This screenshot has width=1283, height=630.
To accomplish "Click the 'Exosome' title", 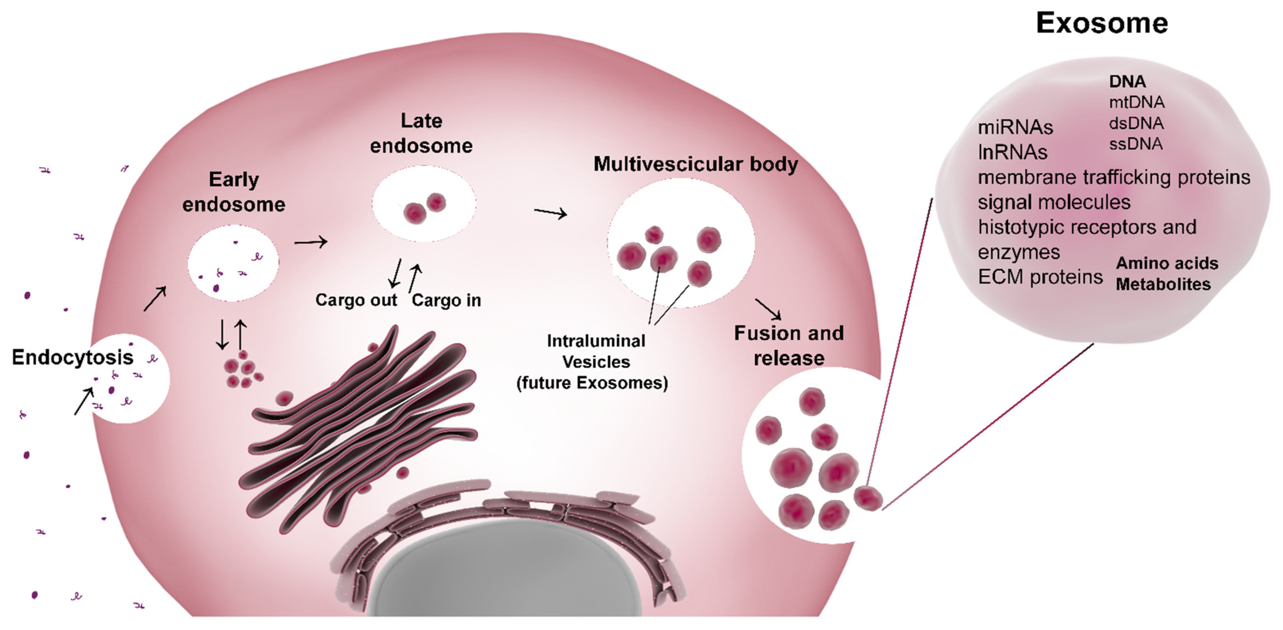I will coord(1102,23).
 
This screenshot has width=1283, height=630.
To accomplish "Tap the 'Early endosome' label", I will coord(234,192).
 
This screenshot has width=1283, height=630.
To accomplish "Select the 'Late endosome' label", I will coord(421,133).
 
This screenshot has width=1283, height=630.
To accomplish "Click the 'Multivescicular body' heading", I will coord(695,164).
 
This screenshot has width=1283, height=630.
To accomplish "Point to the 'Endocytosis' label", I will coord(73,357).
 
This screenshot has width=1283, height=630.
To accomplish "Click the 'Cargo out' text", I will coord(356,300).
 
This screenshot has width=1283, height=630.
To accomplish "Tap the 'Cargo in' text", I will coord(446,300).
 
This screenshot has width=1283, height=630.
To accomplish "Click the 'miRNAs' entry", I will coord(1015,127).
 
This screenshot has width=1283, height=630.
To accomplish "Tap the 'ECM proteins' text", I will coord(1040,277).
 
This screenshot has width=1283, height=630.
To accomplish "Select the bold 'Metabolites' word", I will coord(1163,284).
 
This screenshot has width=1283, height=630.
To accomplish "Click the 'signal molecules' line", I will coord(1054,202).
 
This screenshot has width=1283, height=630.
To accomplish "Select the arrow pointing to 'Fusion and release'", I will coord(768,309).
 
